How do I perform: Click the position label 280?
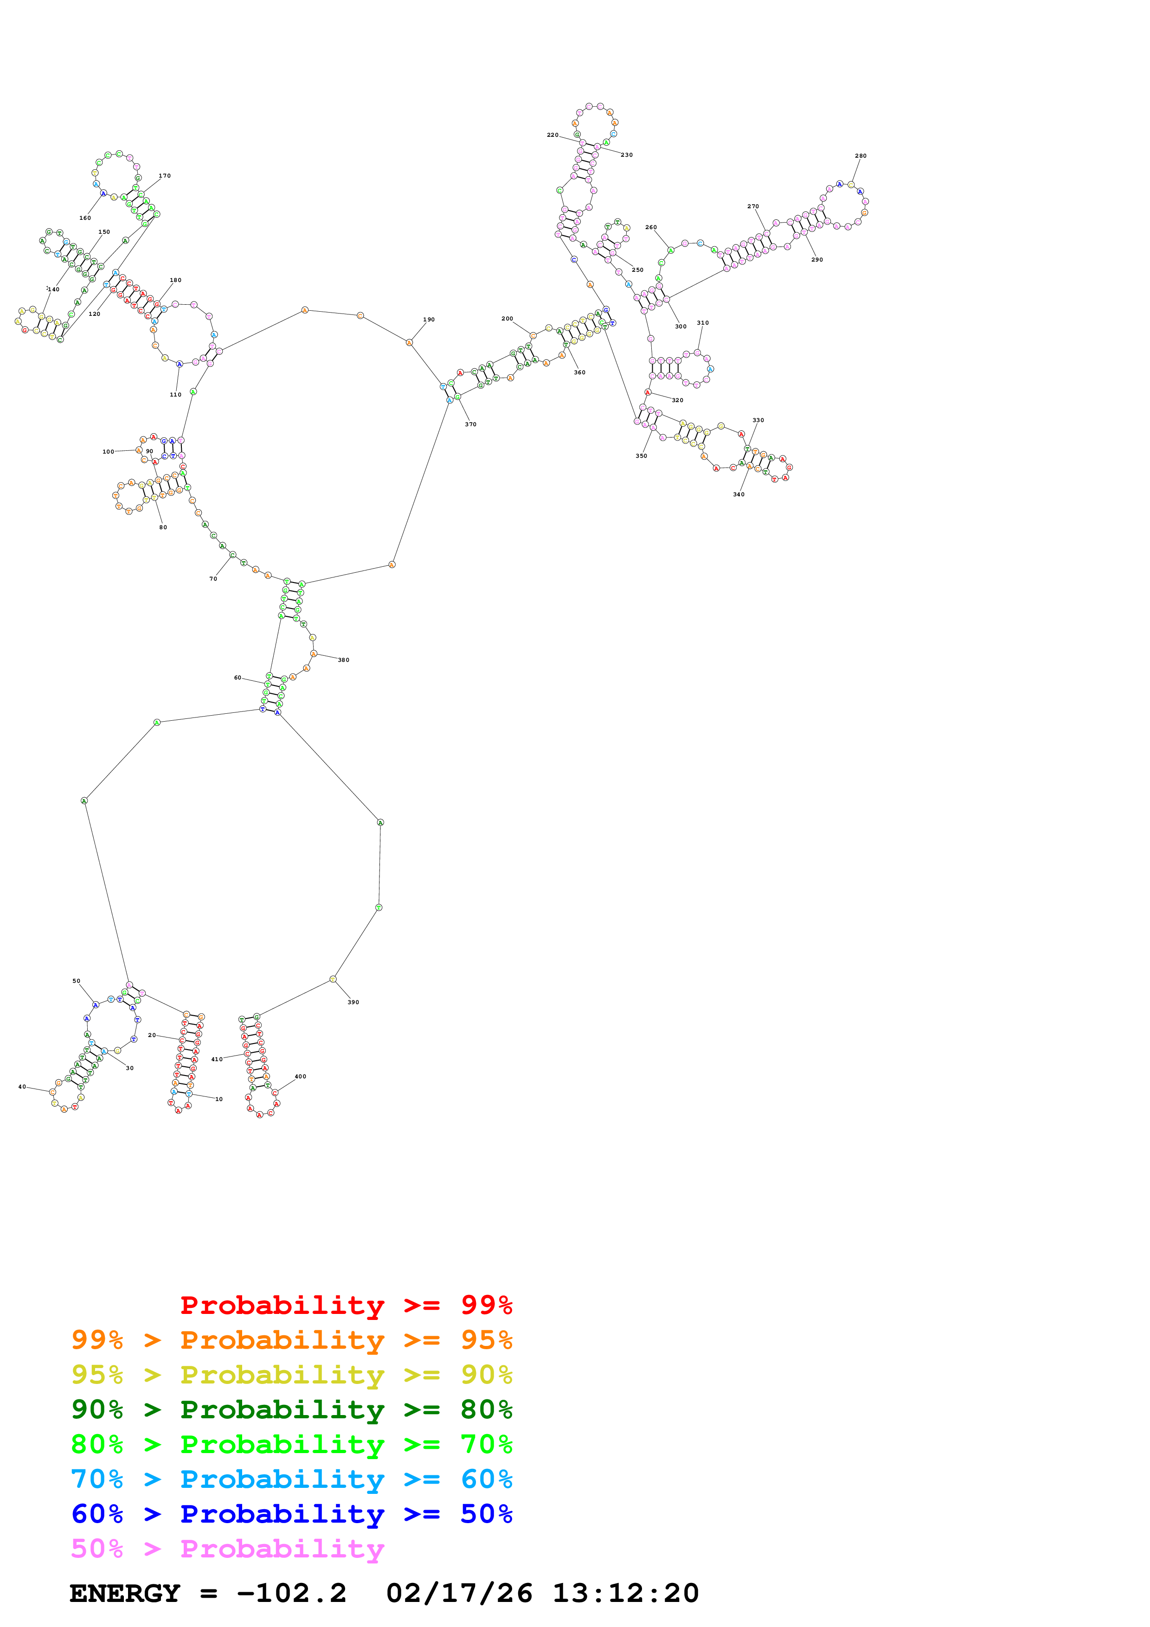860,156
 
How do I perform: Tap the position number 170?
164,176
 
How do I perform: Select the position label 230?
626,154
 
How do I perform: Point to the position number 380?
343,660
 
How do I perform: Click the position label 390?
353,1002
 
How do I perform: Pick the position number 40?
22,1086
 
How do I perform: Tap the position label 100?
108,451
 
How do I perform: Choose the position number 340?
739,494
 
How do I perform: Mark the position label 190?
429,320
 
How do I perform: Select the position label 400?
301,1076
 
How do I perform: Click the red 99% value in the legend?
486,1305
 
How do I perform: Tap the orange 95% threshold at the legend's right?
486,1339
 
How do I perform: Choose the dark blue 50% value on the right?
486,1514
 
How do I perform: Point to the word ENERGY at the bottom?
125,1594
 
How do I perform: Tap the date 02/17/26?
459,1594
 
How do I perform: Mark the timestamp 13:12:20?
626,1594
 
